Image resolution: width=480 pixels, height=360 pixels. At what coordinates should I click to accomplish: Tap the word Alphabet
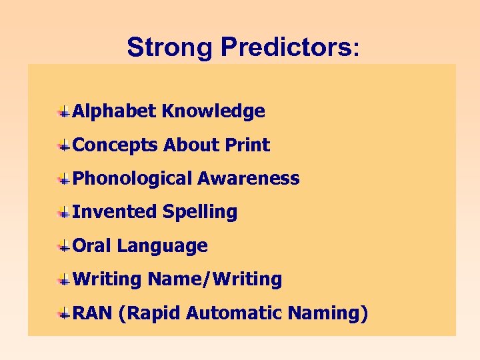[114, 111]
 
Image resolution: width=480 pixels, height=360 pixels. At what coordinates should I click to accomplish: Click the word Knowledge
[213, 111]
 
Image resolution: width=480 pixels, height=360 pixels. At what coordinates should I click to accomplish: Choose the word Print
[247, 145]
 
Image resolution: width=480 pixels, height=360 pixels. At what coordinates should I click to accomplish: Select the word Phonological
[132, 179]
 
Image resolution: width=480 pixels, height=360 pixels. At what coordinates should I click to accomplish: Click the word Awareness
[248, 179]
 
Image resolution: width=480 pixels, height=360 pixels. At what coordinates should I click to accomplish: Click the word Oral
[92, 246]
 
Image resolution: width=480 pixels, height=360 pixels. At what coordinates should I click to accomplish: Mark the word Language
[163, 246]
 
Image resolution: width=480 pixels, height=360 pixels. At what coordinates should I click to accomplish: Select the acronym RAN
[92, 313]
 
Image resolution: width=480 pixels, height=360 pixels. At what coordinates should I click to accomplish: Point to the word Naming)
[333, 313]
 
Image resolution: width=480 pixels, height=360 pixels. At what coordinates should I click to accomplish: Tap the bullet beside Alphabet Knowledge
[63, 111]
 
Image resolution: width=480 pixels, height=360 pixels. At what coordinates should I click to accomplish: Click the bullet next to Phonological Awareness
[63, 179]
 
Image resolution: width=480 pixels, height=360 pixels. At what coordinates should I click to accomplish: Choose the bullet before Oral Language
[63, 246]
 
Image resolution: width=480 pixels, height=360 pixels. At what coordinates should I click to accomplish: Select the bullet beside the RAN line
[63, 313]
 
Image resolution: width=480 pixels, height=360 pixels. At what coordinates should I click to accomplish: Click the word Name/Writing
[215, 279]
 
